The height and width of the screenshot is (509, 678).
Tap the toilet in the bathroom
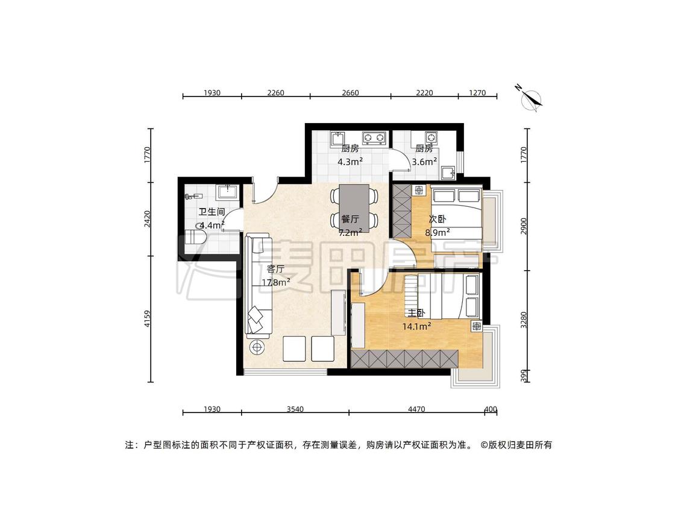click(195, 238)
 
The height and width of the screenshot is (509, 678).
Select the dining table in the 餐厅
click(354, 208)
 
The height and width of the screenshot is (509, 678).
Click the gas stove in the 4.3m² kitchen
click(374, 138)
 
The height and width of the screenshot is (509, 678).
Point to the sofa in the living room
click(259, 286)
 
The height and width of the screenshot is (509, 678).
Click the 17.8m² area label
click(275, 283)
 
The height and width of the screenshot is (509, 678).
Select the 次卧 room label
click(437, 219)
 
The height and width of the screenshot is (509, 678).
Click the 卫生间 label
click(212, 212)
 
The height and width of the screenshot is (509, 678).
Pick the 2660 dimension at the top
click(350, 93)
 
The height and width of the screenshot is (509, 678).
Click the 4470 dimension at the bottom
click(416, 409)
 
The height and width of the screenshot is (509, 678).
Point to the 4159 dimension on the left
click(148, 318)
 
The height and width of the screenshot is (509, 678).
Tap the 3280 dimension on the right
click(524, 320)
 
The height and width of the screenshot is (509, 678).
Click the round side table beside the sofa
click(258, 347)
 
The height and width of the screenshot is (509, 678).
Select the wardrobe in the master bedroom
click(405, 359)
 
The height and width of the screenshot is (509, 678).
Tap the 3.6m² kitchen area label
click(424, 162)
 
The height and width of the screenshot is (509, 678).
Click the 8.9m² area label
click(438, 232)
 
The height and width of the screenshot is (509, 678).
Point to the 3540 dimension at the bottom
click(295, 409)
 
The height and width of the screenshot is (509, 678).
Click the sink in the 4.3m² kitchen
click(337, 139)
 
